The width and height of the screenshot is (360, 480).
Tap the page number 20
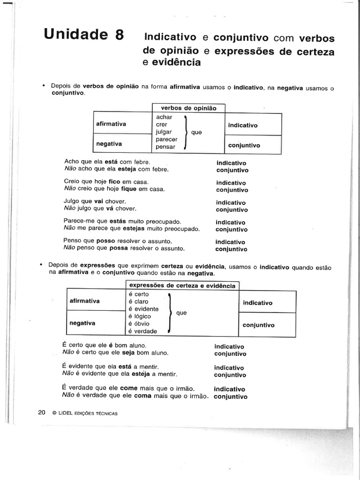[x=41, y=412]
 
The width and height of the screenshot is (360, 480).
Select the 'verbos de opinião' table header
[x=188, y=108]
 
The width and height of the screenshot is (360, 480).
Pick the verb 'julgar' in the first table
[x=165, y=132]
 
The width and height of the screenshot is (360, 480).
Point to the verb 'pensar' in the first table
[x=165, y=147]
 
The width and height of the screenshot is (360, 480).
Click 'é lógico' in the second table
[x=140, y=316]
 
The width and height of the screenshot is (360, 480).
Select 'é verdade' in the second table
[x=142, y=331]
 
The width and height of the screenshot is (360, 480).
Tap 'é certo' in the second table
[x=138, y=294]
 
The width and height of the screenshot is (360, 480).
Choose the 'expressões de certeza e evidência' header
[x=183, y=285]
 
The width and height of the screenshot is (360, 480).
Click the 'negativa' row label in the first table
[x=109, y=144]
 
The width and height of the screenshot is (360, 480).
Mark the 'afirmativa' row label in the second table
[x=84, y=301]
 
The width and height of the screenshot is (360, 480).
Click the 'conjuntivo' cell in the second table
[x=259, y=325]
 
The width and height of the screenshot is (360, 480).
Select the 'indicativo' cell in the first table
[x=243, y=125]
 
